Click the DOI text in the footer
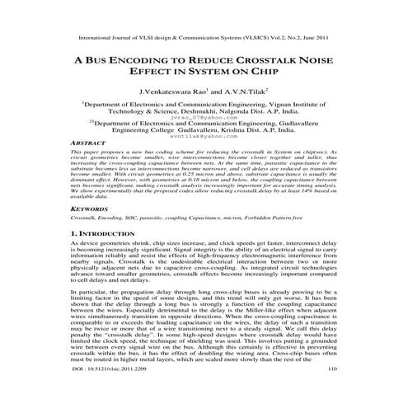[x=110, y=391]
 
